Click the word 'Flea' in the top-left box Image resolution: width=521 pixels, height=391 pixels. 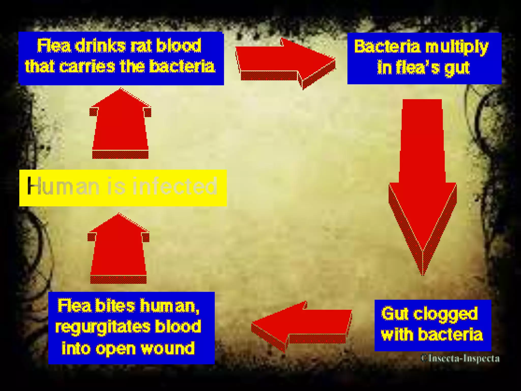pos(54,46)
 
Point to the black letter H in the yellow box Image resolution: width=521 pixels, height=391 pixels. pos(33,186)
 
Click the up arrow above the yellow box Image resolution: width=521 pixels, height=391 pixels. pos(120,125)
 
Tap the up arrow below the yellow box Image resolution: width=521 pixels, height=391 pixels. pos(118,249)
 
